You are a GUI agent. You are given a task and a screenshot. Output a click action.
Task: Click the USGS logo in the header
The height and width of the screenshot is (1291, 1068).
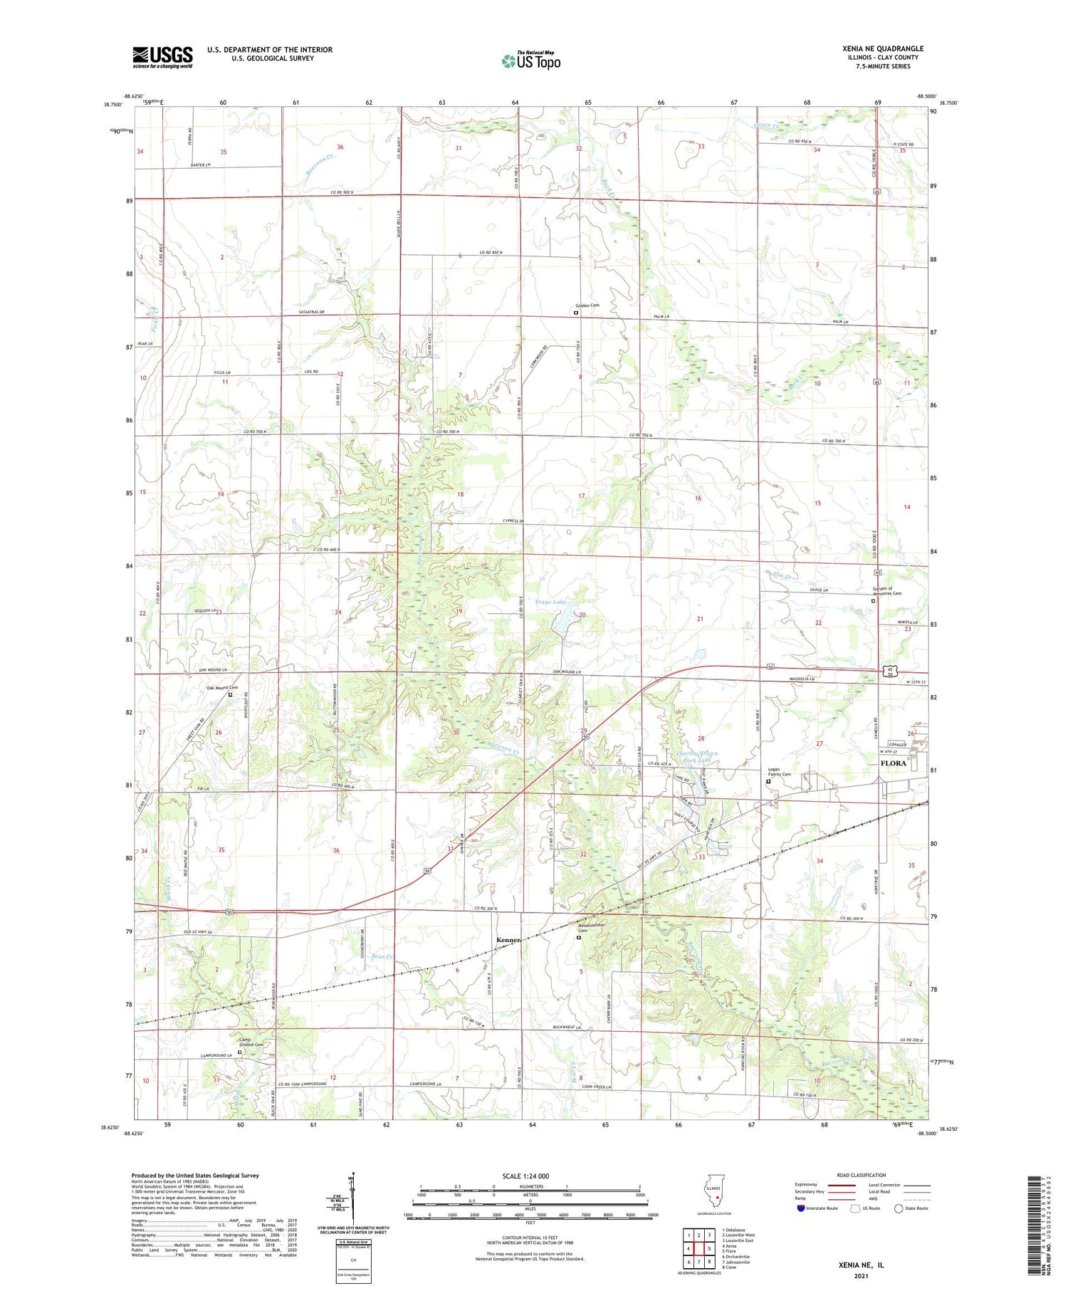162,57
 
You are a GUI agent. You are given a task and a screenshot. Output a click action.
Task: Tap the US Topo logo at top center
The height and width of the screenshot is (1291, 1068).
531,61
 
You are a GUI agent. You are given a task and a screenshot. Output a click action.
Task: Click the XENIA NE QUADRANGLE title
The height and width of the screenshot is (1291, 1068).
883,48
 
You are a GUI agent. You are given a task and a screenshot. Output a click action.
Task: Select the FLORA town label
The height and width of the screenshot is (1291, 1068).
894,763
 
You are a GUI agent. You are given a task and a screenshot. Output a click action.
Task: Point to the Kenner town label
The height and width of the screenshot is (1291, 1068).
508,940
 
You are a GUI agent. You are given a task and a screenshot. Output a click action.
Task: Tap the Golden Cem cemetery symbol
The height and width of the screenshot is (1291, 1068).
576,312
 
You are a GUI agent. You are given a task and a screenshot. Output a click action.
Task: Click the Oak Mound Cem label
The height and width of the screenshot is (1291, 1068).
222,687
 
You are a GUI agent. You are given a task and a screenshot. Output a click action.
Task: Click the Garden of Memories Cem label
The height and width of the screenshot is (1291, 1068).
887,591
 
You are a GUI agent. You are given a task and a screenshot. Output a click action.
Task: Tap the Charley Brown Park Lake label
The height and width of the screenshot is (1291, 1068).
696,757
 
